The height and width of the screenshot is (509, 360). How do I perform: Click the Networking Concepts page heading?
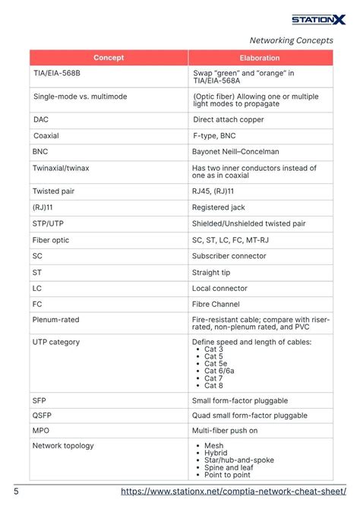(291, 40)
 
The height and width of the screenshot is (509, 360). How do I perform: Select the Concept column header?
(109, 58)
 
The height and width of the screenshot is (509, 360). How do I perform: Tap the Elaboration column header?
(260, 58)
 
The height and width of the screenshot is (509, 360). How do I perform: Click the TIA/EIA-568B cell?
(57, 74)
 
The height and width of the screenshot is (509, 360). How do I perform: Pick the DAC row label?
(41, 119)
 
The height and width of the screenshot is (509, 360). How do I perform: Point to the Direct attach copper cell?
(229, 119)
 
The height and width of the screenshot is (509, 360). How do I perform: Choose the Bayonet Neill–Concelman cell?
(237, 151)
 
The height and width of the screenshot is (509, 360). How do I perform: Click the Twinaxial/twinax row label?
(62, 168)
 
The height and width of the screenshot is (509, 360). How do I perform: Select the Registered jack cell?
(219, 207)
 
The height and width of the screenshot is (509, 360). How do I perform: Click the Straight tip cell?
(211, 272)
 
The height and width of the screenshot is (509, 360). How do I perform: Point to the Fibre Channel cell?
(216, 304)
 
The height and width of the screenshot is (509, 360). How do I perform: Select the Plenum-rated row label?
(55, 320)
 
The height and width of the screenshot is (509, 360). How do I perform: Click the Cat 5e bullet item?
(216, 363)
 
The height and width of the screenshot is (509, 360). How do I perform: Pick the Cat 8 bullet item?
(213, 384)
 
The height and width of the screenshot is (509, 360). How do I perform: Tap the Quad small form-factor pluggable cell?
(250, 416)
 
